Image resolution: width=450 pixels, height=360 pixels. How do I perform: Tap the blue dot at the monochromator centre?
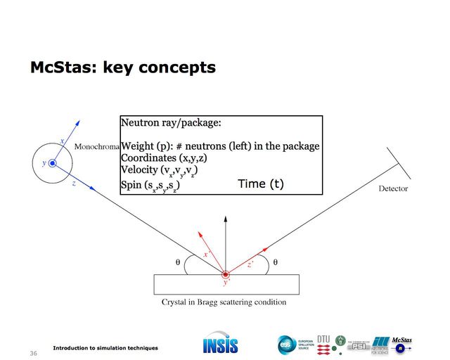[51, 163]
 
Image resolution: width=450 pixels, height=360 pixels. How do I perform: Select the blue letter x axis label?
[63, 141]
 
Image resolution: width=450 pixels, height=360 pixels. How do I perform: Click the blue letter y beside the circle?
[43, 163]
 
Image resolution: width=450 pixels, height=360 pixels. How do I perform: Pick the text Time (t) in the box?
[261, 184]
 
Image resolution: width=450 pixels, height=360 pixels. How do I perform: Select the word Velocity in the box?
[141, 171]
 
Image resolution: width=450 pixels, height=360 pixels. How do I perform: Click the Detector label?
[393, 188]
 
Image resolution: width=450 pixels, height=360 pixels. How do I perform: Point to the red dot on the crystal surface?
[225, 274]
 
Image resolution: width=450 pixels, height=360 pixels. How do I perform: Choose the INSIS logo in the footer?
[220, 345]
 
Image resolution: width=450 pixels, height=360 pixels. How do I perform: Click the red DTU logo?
[323, 344]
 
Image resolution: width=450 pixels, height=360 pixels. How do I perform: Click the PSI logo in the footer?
[359, 346]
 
